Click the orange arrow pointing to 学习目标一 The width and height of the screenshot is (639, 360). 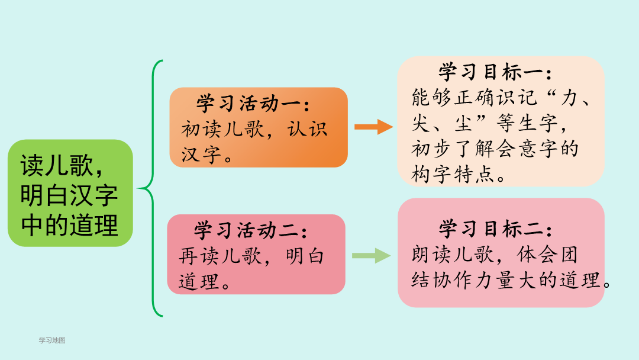[x=374, y=127]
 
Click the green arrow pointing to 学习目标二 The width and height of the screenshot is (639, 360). [x=371, y=256]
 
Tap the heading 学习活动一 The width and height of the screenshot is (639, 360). [x=253, y=104]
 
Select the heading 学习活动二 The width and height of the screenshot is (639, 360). [x=251, y=230]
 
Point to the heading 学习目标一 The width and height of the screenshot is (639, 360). [x=495, y=73]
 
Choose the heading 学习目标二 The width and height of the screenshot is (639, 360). [x=495, y=229]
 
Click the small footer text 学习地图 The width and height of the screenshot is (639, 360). [x=52, y=340]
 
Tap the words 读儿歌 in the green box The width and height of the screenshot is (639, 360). [x=57, y=165]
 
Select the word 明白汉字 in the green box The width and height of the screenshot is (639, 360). [x=69, y=195]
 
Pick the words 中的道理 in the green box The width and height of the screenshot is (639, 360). [x=69, y=225]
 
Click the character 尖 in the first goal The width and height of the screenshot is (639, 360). [x=421, y=123]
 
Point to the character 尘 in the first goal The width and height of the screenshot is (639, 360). [x=463, y=123]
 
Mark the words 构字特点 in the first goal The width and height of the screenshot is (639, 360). [x=453, y=174]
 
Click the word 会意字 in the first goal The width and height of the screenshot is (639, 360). [x=527, y=149]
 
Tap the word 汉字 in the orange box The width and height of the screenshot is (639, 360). [x=201, y=155]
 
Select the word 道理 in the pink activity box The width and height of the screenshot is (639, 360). [x=199, y=282]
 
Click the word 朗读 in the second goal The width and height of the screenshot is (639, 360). [x=431, y=255]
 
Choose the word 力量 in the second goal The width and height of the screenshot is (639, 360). [x=495, y=280]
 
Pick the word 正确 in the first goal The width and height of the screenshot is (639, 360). [x=474, y=98]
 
